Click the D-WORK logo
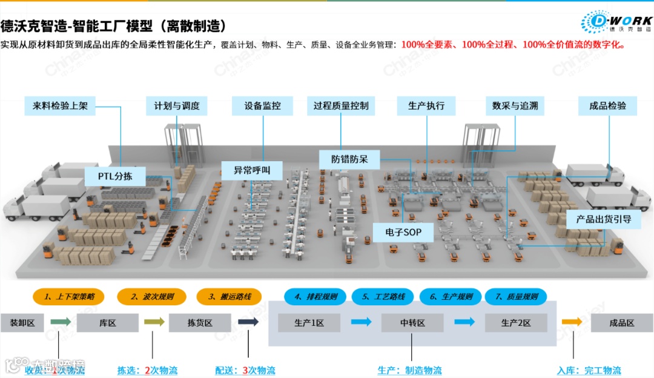click(616, 22)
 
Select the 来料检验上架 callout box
click(61, 105)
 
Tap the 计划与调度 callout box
click(177, 105)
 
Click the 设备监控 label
click(263, 105)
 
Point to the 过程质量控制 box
click(341, 105)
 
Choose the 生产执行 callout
click(426, 105)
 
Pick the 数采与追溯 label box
click(515, 105)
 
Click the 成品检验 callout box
click(608, 105)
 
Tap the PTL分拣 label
click(115, 177)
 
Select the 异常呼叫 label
click(252, 170)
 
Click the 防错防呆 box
click(349, 159)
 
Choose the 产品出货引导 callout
click(604, 219)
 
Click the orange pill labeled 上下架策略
click(68, 297)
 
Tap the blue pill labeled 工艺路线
click(383, 297)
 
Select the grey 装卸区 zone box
click(22, 323)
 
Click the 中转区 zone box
click(412, 323)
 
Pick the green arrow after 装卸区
click(61, 322)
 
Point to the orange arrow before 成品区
click(572, 322)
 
